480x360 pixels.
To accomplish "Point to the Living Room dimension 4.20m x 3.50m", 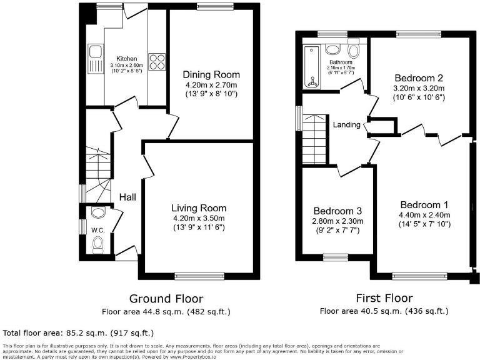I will [199, 218].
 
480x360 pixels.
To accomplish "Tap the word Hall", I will [128, 197].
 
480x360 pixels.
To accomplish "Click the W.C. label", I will [97, 229].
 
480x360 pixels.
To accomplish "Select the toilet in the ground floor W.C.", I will [97, 249].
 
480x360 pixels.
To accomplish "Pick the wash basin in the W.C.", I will [97, 214].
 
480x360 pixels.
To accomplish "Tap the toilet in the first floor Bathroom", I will [354, 49].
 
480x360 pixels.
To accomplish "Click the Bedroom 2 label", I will [418, 78].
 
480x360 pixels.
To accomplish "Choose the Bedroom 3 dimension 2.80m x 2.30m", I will [337, 221].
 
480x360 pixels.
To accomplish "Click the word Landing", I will [346, 124].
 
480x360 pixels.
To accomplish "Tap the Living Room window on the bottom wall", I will [199, 275].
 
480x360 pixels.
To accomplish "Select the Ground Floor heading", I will [166, 299].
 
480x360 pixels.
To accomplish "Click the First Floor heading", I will [383, 299].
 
